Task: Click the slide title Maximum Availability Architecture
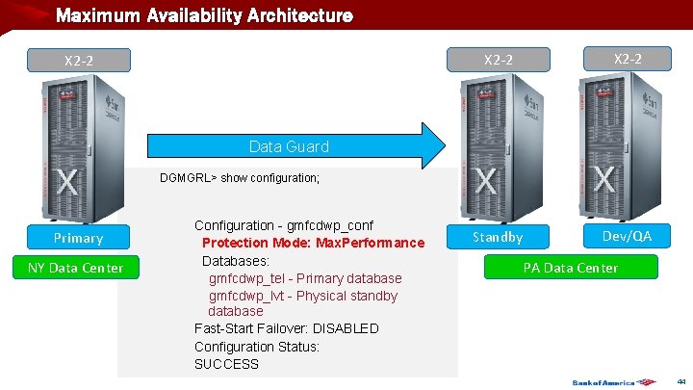coord(204,16)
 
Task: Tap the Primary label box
coord(79,238)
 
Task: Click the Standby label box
coord(498,237)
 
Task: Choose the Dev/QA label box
coord(627,236)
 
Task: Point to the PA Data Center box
coord(571,268)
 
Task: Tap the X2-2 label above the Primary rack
coord(79,61)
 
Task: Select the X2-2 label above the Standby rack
coord(498,60)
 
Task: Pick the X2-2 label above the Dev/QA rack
coord(627,59)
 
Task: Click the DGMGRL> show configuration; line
coord(240,178)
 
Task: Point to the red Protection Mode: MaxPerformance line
coord(313,243)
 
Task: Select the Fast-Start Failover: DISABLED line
coord(287,328)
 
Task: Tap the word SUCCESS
coord(226,364)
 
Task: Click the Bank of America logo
coord(604,382)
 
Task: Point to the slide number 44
coord(681,381)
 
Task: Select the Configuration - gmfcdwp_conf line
coord(284,225)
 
